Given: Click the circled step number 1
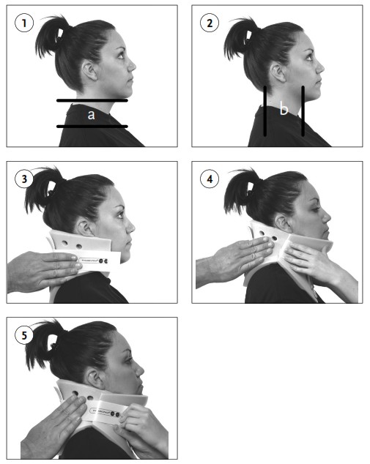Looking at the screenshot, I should click(24, 23).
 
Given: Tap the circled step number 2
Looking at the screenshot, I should click(210, 23).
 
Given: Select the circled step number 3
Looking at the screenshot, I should click(24, 179).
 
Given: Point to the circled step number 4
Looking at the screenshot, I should click(210, 179).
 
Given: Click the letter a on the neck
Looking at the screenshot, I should click(91, 114).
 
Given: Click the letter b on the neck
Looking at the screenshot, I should click(284, 111).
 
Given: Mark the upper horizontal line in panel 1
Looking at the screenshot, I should click(92, 100).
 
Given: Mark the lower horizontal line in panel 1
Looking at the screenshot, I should click(92, 127).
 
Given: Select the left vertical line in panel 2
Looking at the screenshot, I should click(265, 111).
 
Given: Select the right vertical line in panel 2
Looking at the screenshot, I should click(303, 111).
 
